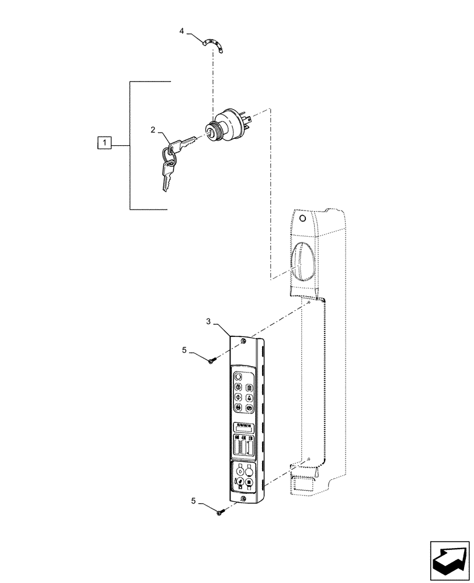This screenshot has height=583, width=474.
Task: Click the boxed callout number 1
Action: (x=103, y=142)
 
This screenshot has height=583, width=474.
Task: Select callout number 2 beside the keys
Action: (x=153, y=130)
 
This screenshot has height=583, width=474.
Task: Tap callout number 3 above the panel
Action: (x=208, y=321)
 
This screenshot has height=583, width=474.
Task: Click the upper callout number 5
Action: (x=184, y=350)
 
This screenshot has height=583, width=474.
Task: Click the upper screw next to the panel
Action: (x=212, y=361)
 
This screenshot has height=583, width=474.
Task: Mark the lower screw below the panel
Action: (x=221, y=512)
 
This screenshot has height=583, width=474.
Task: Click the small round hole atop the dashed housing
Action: (x=301, y=219)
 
